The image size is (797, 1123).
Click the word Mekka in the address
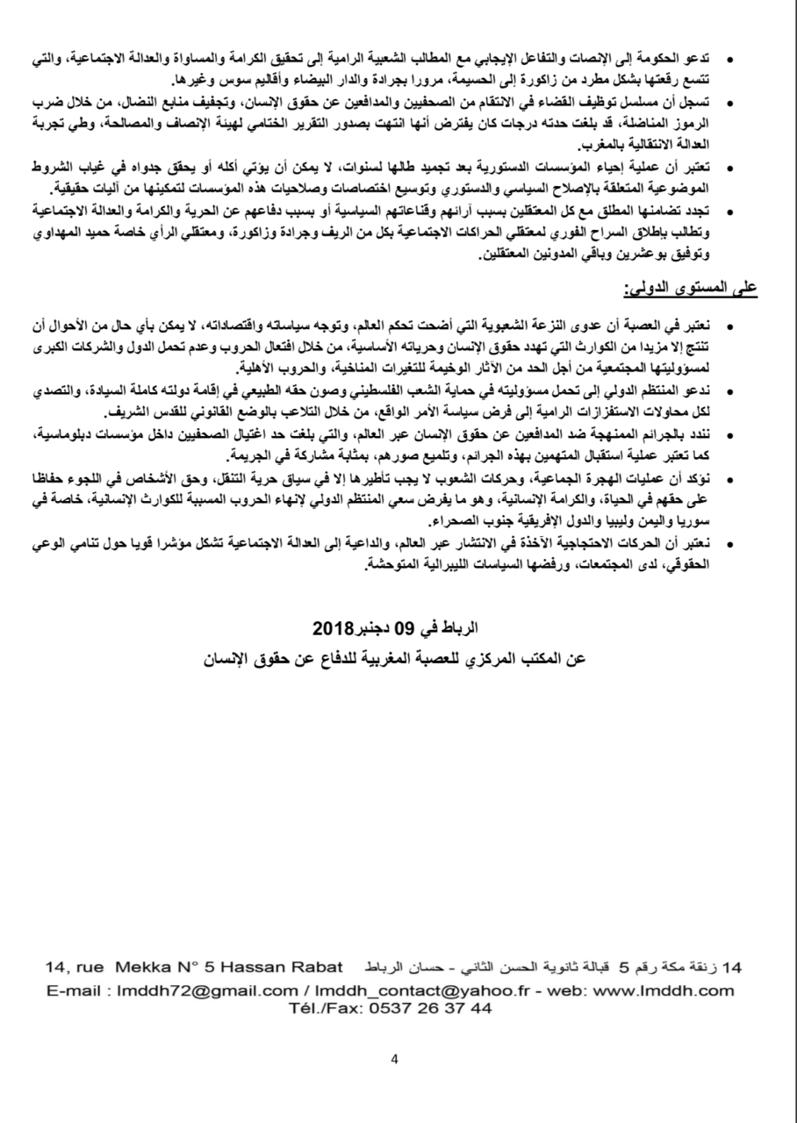coord(135,968)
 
